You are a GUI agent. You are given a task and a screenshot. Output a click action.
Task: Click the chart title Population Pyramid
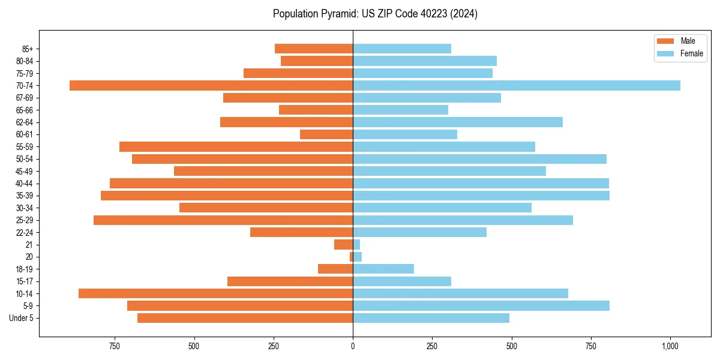coord(375,14)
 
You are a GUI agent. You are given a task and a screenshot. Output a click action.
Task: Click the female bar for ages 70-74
coord(516,86)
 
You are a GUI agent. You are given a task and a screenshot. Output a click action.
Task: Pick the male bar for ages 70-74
coord(211,86)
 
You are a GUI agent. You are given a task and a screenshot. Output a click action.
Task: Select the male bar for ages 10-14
coord(215,293)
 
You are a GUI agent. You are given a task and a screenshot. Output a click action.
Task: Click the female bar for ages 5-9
coord(481,306)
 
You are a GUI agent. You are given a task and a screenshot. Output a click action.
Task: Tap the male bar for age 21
coord(344,245)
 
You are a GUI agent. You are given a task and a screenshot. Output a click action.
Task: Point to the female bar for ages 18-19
coord(383,269)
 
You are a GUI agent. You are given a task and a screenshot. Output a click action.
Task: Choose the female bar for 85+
coord(402,49)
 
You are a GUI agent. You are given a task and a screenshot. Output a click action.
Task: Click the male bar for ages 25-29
coord(223,220)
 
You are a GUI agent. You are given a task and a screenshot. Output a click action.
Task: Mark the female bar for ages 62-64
coord(458,122)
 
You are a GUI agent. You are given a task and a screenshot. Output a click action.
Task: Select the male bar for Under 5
coord(245,318)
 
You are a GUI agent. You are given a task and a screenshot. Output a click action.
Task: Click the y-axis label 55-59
coord(25,147)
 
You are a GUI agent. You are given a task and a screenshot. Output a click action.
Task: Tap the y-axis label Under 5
coord(22,318)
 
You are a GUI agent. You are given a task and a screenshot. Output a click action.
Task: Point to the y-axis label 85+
coord(27,49)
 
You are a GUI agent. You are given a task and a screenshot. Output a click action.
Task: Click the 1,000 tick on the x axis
coord(670,346)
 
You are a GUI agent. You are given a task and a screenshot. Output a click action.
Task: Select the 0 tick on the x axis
coord(353,346)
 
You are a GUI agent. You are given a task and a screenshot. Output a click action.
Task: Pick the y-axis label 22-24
coord(25,233)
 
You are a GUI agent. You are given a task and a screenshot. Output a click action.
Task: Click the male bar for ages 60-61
coord(326,134)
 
